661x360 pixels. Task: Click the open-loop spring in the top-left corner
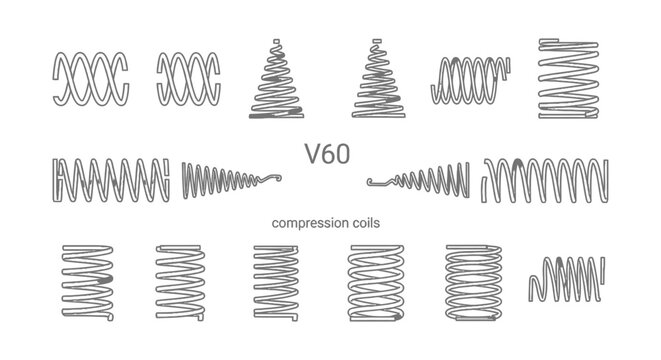coord(89,79)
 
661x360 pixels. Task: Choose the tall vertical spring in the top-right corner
coord(566,79)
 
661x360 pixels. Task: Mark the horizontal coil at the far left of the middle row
coord(110,177)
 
